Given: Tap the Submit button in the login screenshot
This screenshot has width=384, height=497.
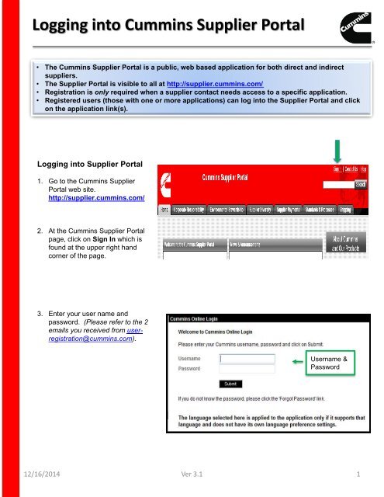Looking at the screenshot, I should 230,384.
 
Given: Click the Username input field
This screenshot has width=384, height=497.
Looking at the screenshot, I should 247,359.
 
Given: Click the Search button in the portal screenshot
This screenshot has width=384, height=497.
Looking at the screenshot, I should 360,185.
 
